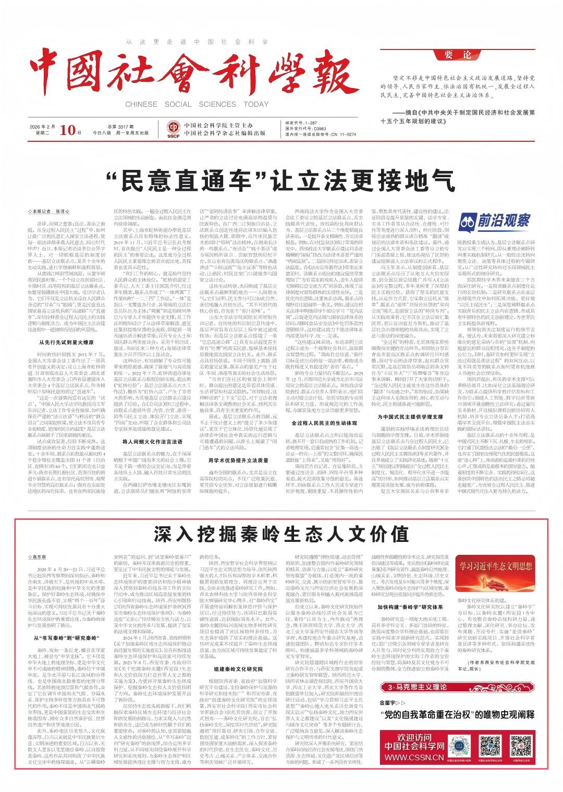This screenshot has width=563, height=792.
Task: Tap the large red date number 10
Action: click(71, 130)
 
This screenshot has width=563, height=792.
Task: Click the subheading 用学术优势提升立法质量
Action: click(238, 475)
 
